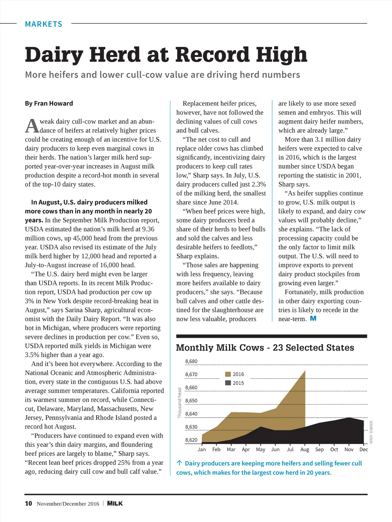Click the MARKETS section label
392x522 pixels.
[x=43, y=24]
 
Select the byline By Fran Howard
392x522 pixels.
[x=49, y=103]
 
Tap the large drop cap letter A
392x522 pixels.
[x=32, y=126]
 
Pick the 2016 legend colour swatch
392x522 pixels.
[x=228, y=374]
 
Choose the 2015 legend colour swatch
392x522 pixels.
[x=228, y=383]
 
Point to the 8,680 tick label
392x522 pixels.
[x=191, y=361]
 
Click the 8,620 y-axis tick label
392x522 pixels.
[x=191, y=440]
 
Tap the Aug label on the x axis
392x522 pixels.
[x=305, y=449]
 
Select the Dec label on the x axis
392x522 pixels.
[x=364, y=449]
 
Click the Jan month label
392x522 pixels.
[x=202, y=449]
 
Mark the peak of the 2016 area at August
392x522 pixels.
[x=305, y=371]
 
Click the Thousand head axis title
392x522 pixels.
[x=179, y=403]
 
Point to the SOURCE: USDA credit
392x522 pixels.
[x=371, y=432]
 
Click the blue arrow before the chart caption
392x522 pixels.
[x=179, y=463]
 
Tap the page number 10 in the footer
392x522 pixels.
[x=28, y=503]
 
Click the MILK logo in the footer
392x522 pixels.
[x=115, y=503]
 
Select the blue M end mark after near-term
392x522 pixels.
[x=313, y=319]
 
